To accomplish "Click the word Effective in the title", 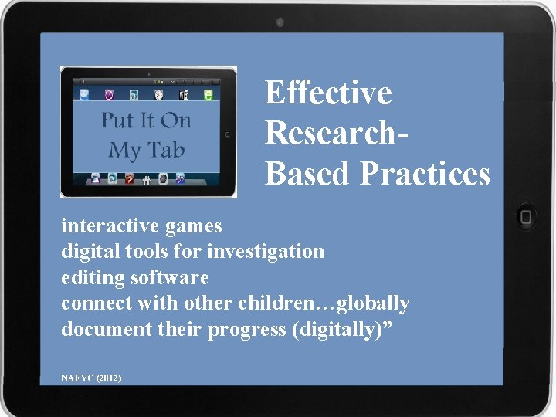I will point(328,93).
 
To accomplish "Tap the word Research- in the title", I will point(337,133).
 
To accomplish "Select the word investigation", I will point(267,252).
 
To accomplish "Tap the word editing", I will point(92,277).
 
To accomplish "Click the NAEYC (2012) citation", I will point(90,378).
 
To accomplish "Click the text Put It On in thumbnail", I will point(146,120).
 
